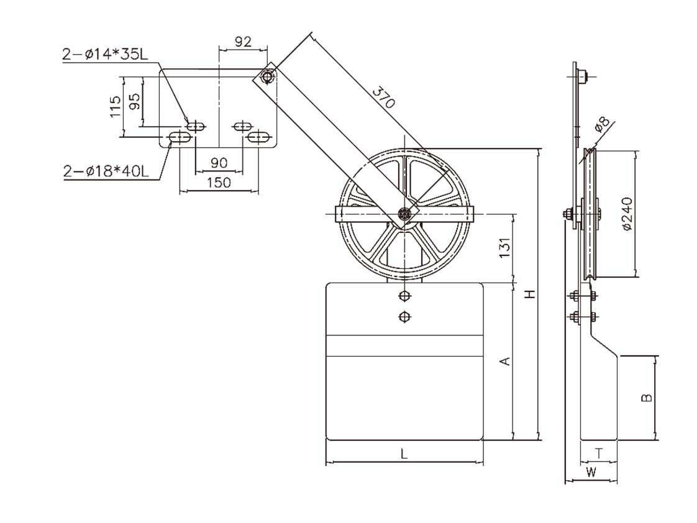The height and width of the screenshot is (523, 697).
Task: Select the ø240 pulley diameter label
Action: pos(626,214)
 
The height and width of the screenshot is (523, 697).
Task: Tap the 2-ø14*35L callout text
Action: pos(105,55)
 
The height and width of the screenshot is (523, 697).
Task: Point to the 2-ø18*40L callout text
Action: pos(106,171)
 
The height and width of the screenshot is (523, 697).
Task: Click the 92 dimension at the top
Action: pos(243,42)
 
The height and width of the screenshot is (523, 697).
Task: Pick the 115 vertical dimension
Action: pos(114,106)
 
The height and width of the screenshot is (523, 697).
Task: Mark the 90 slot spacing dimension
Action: pos(218,163)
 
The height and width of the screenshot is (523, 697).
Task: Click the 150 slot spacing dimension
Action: pos(218,182)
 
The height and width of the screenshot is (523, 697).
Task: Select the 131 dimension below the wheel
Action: pos(504,247)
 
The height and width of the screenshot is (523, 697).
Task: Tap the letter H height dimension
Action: pos(529,294)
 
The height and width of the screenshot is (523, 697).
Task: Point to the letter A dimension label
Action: pos(506,360)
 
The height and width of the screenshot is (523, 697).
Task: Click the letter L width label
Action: pos(404,454)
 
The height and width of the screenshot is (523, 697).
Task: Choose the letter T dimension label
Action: pos(598,453)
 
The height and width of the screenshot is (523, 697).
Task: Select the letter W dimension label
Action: pos(591,472)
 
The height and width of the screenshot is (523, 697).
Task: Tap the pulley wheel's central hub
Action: pos(405,214)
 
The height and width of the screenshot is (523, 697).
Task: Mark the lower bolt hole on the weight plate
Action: pos(405,317)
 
